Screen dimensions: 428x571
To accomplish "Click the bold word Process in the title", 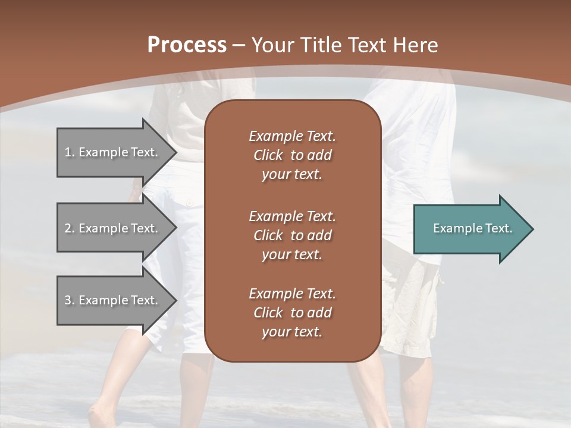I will click(187, 45).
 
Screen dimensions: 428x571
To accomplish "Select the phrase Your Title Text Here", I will click(345, 45).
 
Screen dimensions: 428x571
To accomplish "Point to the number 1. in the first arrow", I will click(69, 152).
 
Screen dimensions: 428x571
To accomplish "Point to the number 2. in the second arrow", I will click(69, 228).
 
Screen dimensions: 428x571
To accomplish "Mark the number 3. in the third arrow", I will click(69, 300).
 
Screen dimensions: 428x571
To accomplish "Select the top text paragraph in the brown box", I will click(292, 155).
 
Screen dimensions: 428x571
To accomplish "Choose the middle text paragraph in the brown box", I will click(292, 235).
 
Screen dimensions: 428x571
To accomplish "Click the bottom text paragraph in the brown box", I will click(292, 313).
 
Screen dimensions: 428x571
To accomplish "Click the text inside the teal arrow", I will click(473, 228).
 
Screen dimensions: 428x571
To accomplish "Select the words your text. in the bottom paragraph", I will click(292, 332).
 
